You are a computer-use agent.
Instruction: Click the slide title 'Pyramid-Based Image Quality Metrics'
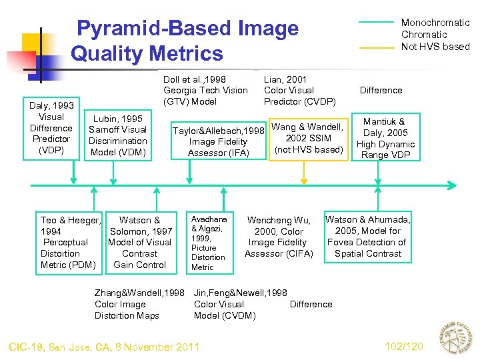[x=185, y=41]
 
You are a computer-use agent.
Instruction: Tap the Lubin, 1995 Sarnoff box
[x=119, y=135]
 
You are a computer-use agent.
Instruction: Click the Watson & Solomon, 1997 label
[x=139, y=242]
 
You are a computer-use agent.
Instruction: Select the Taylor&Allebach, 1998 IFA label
[x=218, y=141]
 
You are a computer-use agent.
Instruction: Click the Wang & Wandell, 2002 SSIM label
[x=307, y=138]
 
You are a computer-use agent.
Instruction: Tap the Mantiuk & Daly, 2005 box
[x=385, y=138]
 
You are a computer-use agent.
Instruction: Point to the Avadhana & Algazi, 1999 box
[x=209, y=243]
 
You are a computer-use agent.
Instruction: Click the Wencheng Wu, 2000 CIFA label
[x=279, y=237]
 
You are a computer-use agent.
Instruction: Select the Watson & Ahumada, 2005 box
[x=368, y=237]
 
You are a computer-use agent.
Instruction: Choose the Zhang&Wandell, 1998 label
[x=139, y=304]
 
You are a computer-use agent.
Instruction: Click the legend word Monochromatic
[x=435, y=23]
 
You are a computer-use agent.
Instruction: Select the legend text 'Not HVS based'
[x=435, y=47]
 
